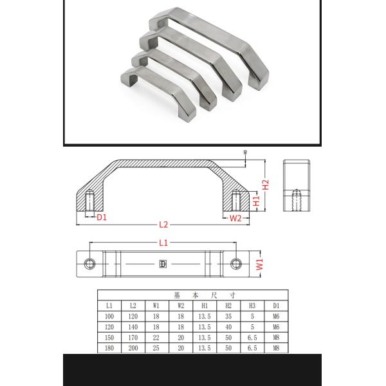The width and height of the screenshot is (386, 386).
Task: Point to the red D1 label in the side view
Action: (102, 217)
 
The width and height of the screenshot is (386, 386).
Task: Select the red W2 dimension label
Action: (235, 218)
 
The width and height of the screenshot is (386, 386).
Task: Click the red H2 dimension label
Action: (265, 186)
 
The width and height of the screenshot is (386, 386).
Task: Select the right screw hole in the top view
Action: (237, 264)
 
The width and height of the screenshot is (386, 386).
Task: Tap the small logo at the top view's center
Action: (163, 264)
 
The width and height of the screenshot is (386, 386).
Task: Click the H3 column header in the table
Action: (252, 305)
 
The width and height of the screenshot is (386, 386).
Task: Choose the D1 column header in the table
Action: (276, 305)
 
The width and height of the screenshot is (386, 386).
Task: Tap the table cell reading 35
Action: (228, 316)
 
